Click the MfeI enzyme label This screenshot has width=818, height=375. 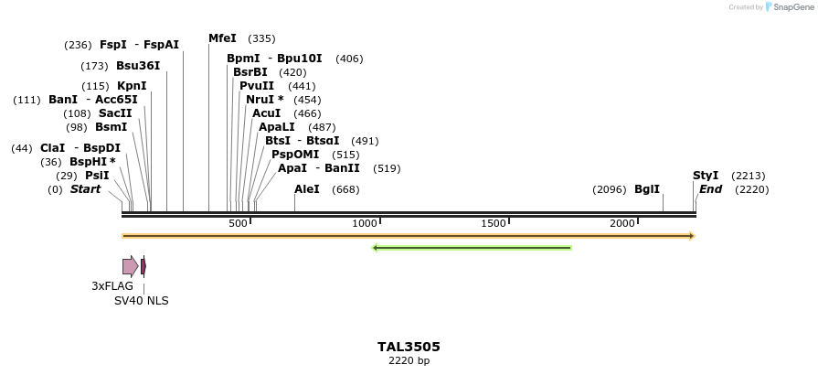(x=222, y=38)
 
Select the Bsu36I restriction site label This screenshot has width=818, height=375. (x=138, y=66)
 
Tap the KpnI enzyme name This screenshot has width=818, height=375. (x=132, y=86)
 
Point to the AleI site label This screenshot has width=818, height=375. (x=307, y=189)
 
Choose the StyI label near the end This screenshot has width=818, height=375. (x=706, y=176)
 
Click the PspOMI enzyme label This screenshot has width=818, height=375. (x=295, y=155)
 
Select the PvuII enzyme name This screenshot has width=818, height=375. (x=257, y=86)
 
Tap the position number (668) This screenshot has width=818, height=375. (x=345, y=189)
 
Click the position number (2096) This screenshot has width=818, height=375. (x=609, y=189)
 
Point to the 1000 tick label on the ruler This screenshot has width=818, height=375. (x=365, y=224)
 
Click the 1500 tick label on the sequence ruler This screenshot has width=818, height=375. (x=494, y=224)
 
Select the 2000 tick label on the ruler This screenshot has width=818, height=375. (x=622, y=224)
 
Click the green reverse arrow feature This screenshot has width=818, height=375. (x=472, y=248)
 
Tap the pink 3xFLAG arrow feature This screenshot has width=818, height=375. (x=131, y=266)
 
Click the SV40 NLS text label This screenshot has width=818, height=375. (x=141, y=301)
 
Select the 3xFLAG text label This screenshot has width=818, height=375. (x=112, y=286)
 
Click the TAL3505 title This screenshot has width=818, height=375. (x=409, y=347)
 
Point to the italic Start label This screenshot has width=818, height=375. (x=86, y=189)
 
